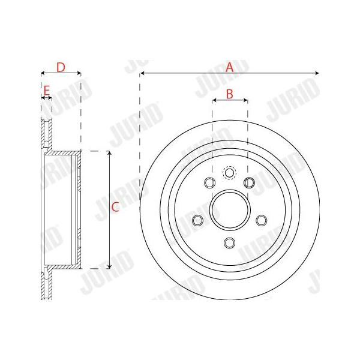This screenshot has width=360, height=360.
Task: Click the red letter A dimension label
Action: click(x=230, y=67)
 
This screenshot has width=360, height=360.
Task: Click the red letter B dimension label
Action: click(x=230, y=94)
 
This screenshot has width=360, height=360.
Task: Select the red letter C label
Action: click(x=115, y=207)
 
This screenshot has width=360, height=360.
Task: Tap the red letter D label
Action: click(x=61, y=67)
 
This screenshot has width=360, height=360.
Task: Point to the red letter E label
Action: click(x=47, y=91)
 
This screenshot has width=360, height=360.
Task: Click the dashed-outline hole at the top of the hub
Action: click(x=229, y=173)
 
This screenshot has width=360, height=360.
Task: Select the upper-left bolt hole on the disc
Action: click(x=209, y=183)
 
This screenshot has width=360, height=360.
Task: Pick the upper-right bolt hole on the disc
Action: click(x=250, y=183)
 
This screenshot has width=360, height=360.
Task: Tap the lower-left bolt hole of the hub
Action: click(x=197, y=220)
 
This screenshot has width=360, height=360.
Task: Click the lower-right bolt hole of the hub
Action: click(x=261, y=220)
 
